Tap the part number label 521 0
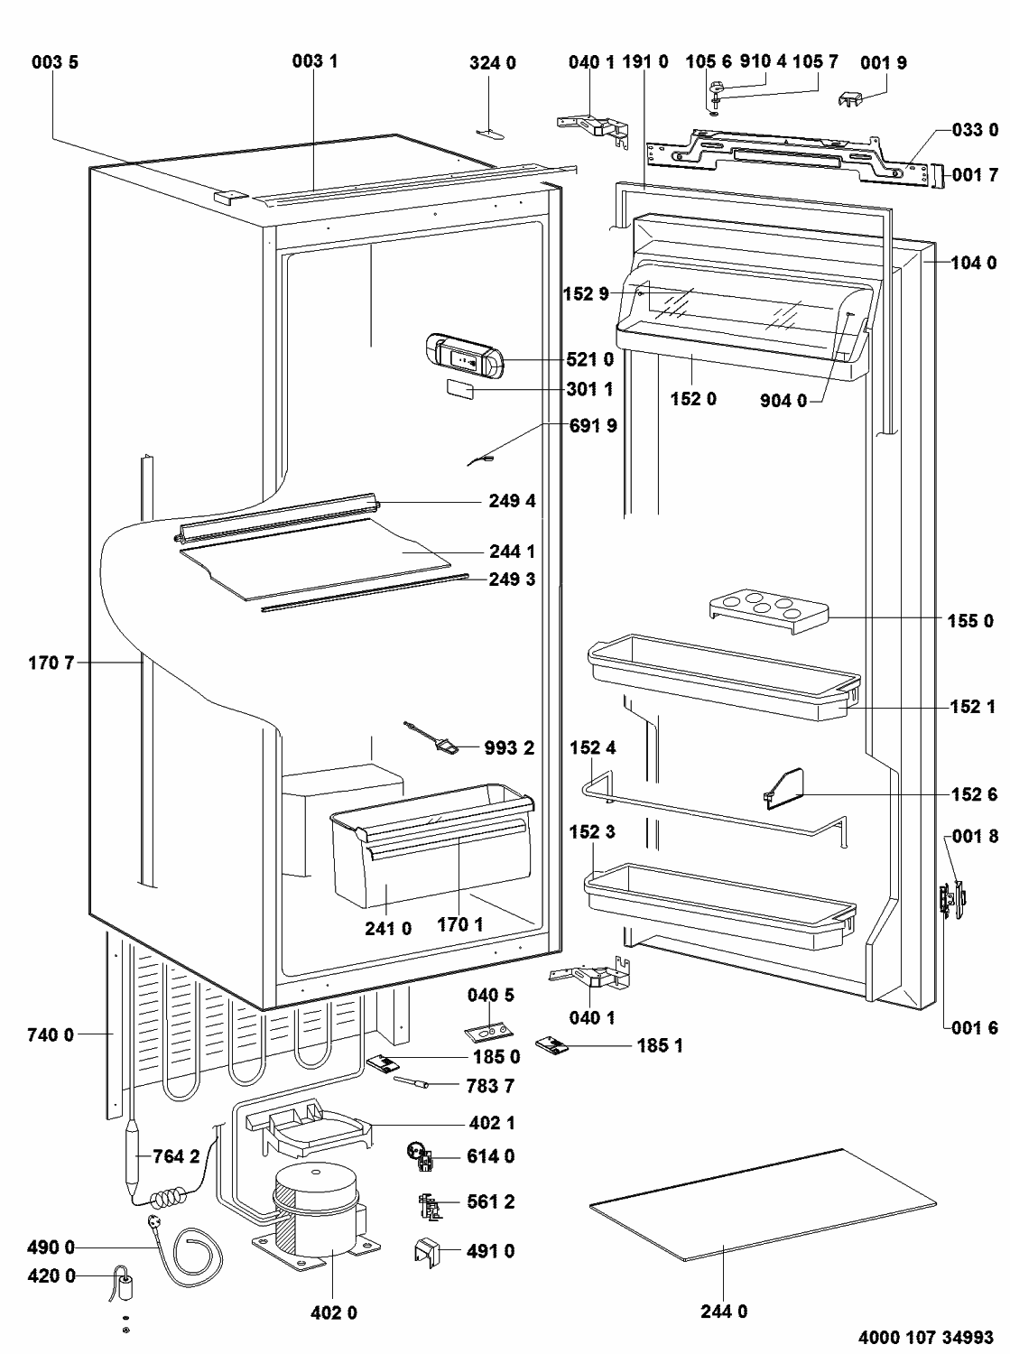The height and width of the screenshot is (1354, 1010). [x=591, y=360]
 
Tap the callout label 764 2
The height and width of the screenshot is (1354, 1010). [x=176, y=1157]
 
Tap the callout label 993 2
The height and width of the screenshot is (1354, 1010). [x=511, y=747]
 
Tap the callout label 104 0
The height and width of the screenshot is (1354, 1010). [x=974, y=263]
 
